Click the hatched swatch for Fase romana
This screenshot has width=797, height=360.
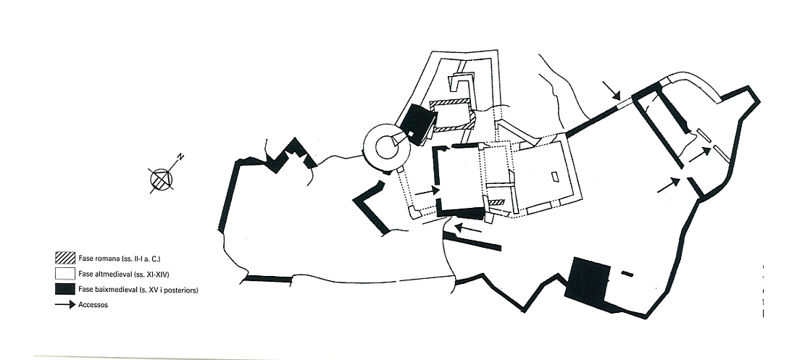65,258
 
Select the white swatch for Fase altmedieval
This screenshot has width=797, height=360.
65,274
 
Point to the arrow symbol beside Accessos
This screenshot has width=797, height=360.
65,305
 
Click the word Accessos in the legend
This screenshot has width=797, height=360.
93,305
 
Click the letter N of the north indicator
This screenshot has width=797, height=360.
180,157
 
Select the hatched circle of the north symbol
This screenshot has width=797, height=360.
162,179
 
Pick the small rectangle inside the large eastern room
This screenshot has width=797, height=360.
554,177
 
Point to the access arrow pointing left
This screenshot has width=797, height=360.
468,227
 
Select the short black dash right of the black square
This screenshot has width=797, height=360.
627,274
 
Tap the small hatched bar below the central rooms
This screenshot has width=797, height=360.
496,202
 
